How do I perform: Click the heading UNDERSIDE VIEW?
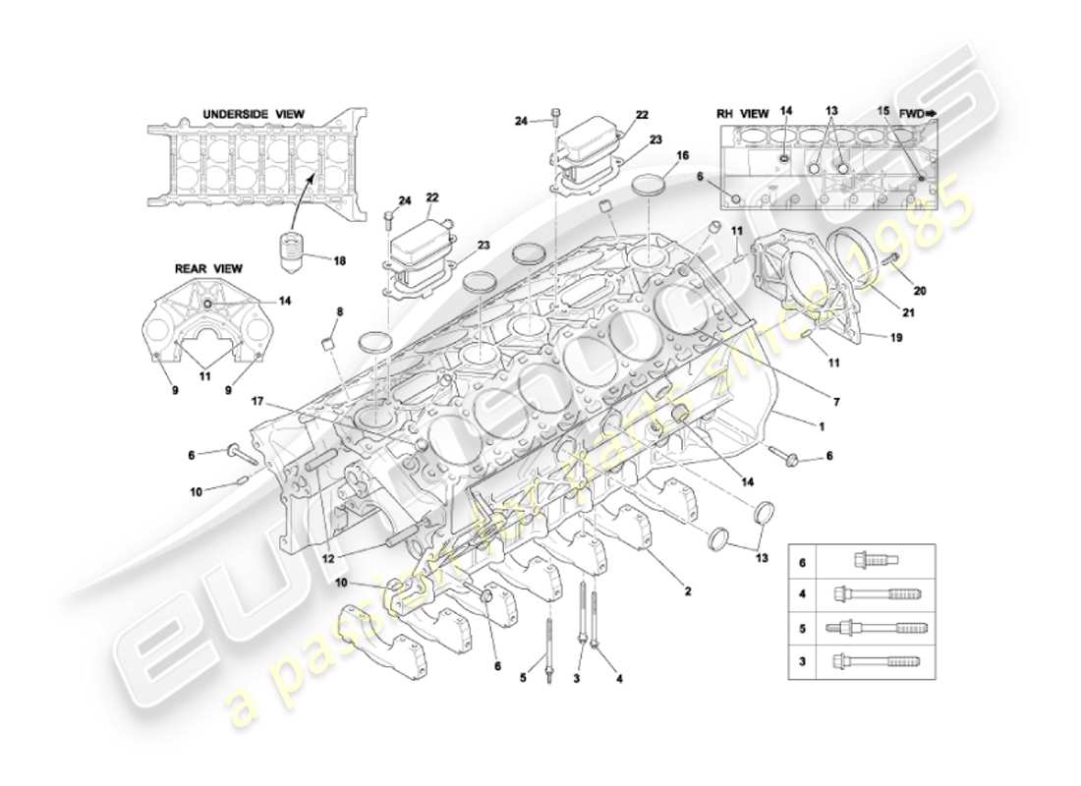pos(254,114)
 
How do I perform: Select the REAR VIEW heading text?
pos(208,268)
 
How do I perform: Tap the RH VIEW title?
pos(742,114)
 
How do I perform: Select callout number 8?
pos(340,311)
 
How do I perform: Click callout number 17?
pos(256,401)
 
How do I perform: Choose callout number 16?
pos(682,155)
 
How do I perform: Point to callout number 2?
pos(688,591)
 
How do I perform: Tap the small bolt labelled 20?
pos(891,258)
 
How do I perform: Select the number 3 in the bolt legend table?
pos(803,661)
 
